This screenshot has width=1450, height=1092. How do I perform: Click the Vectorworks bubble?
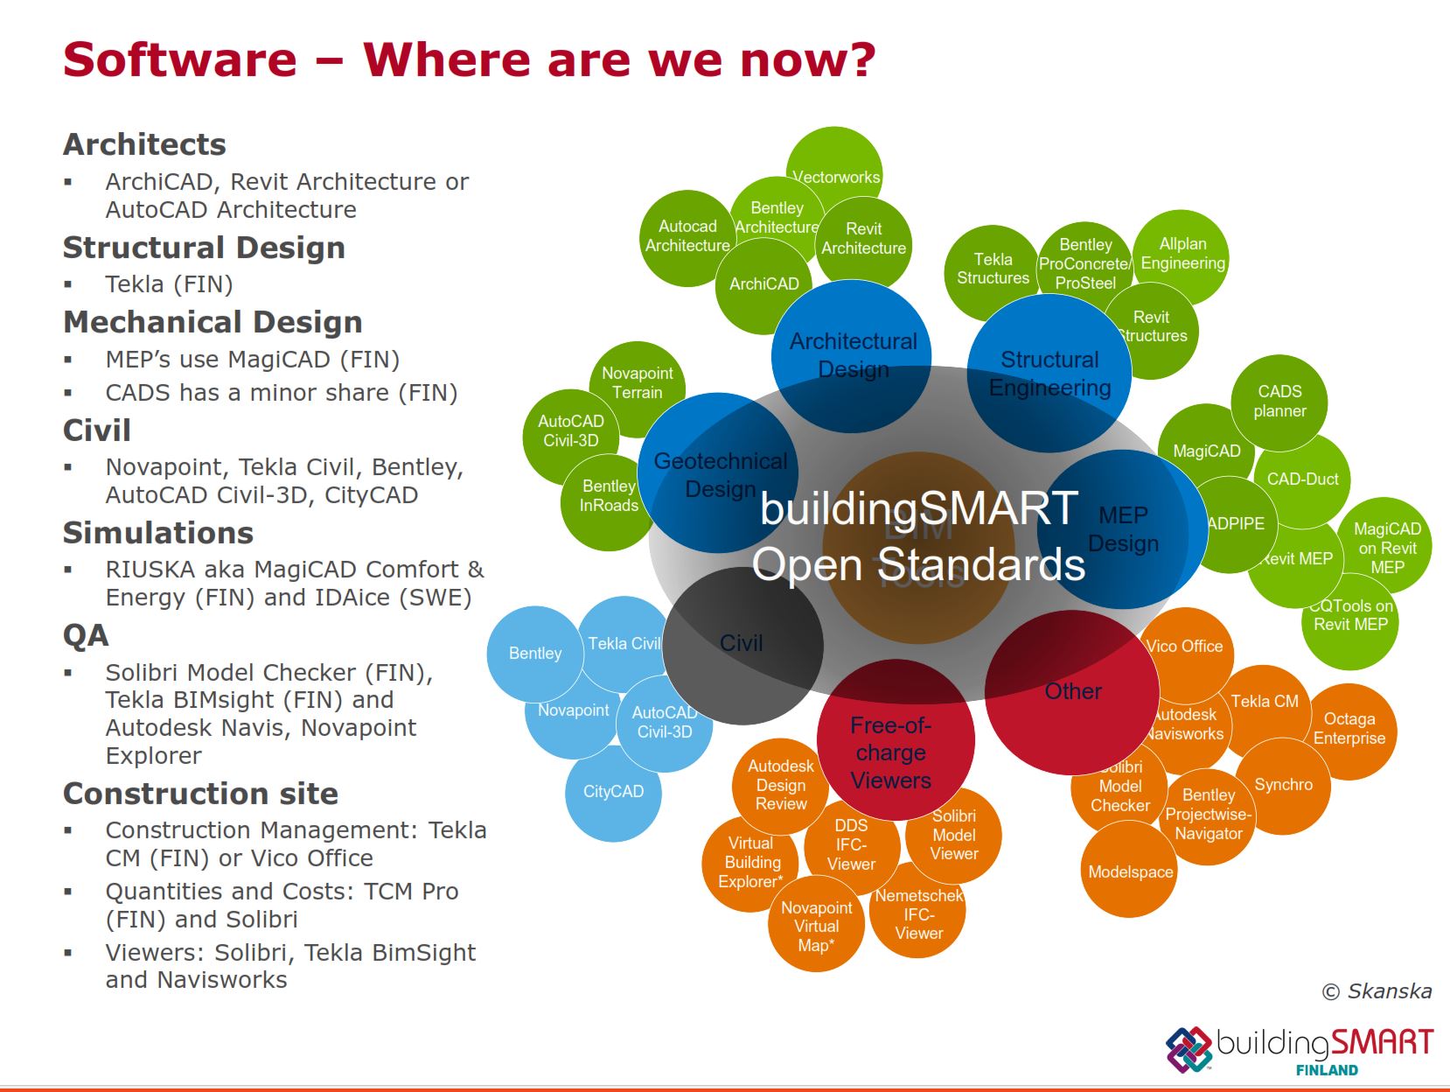point(835,171)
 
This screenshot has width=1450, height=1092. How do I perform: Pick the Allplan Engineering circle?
point(1182,254)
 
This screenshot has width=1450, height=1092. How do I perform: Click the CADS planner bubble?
point(1279,401)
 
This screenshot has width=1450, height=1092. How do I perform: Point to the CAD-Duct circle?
point(1303,479)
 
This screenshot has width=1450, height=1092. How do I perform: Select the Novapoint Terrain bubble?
point(638,382)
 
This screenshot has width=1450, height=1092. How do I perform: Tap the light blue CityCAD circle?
point(613,792)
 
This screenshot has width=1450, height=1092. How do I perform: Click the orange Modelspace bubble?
point(1130,871)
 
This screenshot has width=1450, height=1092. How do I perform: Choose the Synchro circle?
point(1284,785)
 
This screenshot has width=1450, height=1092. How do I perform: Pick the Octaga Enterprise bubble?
point(1349,729)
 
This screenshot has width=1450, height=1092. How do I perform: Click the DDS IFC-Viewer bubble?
point(851,844)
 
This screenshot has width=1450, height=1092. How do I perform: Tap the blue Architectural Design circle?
point(853,350)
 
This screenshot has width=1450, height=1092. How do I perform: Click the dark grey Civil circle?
point(742,645)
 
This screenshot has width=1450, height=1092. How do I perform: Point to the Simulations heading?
point(158,533)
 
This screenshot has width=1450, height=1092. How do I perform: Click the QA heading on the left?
point(86,635)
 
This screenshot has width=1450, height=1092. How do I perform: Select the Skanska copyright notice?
point(1377,991)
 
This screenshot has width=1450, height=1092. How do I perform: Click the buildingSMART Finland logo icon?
point(1188,1049)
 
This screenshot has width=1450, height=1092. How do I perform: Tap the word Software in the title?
point(180,59)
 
